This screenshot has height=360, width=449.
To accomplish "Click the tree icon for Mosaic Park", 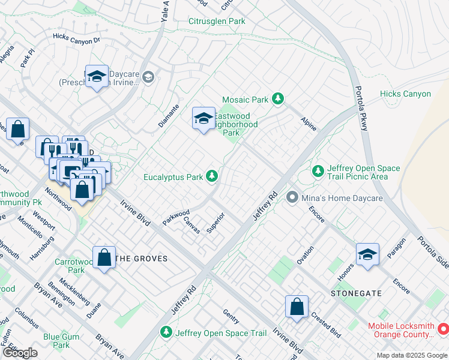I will point(277,98).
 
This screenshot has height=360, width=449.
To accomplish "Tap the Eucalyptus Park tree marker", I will point(211,176).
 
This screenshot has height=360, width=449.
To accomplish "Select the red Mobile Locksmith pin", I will point(444,329).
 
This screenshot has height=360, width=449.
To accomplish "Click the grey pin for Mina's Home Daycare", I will point(292,197).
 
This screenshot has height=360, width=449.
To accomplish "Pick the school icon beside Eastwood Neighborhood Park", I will point(203,118).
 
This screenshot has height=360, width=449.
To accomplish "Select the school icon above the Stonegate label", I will point(367,254).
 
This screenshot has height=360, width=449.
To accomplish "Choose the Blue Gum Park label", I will point(61,341).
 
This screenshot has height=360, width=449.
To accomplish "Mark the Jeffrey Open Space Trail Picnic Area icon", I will point(318,172).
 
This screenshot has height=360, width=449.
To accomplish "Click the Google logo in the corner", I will point(20,353).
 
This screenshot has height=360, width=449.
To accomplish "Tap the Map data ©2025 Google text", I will point(411,355).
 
